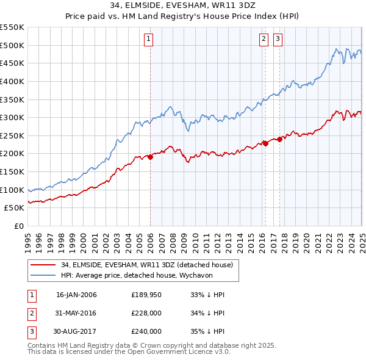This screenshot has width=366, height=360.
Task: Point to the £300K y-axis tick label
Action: coord(12,117)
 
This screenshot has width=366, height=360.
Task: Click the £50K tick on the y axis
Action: coord(15,208)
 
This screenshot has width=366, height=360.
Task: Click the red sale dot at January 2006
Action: coord(151,157)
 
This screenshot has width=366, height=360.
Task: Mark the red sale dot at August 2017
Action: coord(280,139)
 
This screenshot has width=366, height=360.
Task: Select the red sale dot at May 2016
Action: coord(266,143)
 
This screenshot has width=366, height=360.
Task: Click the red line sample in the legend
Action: coord(43,265)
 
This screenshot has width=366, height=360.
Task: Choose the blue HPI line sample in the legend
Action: coord(43,275)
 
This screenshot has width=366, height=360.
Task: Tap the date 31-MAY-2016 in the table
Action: coord(76,313)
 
